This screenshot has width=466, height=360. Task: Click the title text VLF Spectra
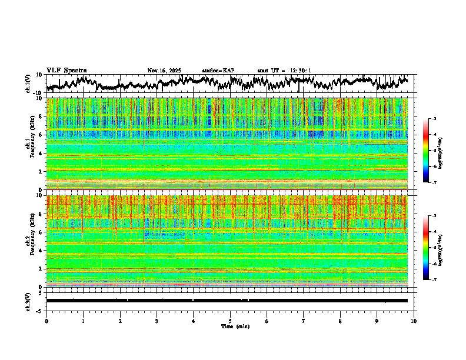66,70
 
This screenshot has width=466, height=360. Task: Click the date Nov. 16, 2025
164,71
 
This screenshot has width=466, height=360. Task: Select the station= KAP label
218,71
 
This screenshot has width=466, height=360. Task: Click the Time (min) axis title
230,326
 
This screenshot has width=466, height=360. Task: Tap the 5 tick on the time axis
230,320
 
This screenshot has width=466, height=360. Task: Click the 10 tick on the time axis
414,320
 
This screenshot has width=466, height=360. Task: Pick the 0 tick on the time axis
46,320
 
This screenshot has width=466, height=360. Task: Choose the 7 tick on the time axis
304,320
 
